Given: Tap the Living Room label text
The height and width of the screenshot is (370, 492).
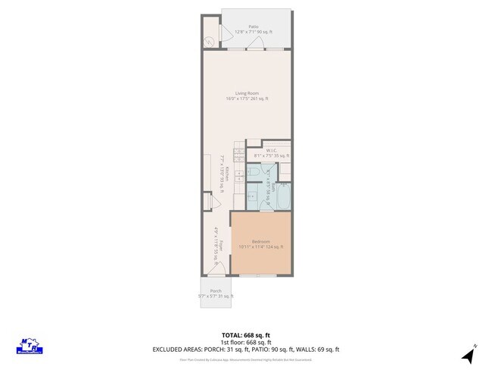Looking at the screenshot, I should tap(246, 93).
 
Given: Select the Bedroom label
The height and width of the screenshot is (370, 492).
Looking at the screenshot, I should tap(260, 241).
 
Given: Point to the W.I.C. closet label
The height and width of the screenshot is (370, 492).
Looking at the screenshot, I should tap(271, 150).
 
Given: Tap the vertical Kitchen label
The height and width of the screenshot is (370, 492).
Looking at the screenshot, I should tap(225, 176).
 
